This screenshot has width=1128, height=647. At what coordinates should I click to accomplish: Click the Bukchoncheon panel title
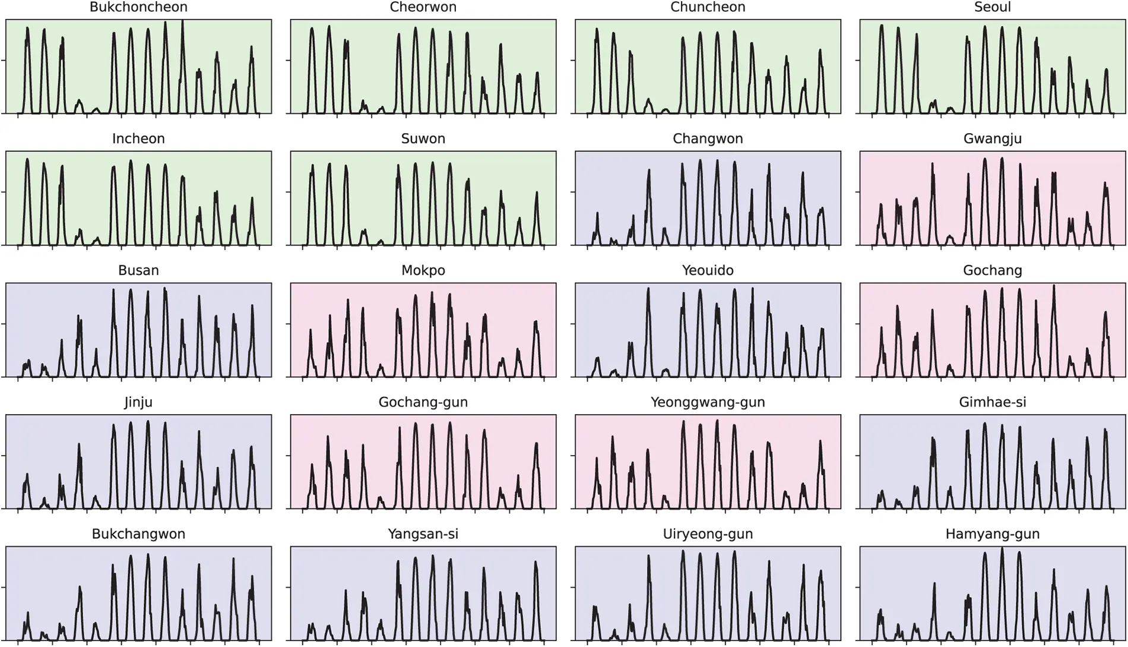(x=138, y=7)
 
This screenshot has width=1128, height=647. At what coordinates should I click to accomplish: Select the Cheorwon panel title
(x=423, y=7)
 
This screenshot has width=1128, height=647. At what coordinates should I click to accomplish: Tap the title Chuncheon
(x=708, y=7)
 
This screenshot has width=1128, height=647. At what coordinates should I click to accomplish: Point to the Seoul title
(x=992, y=7)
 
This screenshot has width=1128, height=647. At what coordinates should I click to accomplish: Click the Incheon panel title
(x=138, y=138)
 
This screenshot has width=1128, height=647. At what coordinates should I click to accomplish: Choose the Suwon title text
(x=423, y=138)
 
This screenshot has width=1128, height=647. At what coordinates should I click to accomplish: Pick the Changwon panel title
(x=708, y=138)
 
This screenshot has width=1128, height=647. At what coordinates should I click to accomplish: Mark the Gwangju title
(x=992, y=138)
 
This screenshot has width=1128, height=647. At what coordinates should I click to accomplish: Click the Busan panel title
(x=138, y=270)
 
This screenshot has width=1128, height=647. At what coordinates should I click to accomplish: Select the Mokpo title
(x=423, y=270)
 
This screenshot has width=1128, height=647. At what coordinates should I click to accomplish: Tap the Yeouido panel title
(x=708, y=270)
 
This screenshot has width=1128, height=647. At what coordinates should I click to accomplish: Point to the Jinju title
(x=138, y=402)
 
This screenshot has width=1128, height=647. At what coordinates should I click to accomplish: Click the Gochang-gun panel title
(x=423, y=402)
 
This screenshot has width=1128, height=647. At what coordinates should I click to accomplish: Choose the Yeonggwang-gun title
(x=708, y=402)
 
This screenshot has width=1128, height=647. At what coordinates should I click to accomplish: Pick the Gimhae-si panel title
(x=992, y=402)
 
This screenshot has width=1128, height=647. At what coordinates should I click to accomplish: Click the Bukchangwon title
(x=138, y=534)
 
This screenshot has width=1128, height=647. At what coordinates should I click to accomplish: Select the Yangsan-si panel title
(x=423, y=534)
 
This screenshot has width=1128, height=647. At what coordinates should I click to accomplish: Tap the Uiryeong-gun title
(x=708, y=534)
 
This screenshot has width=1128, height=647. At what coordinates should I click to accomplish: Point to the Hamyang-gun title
(x=992, y=534)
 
